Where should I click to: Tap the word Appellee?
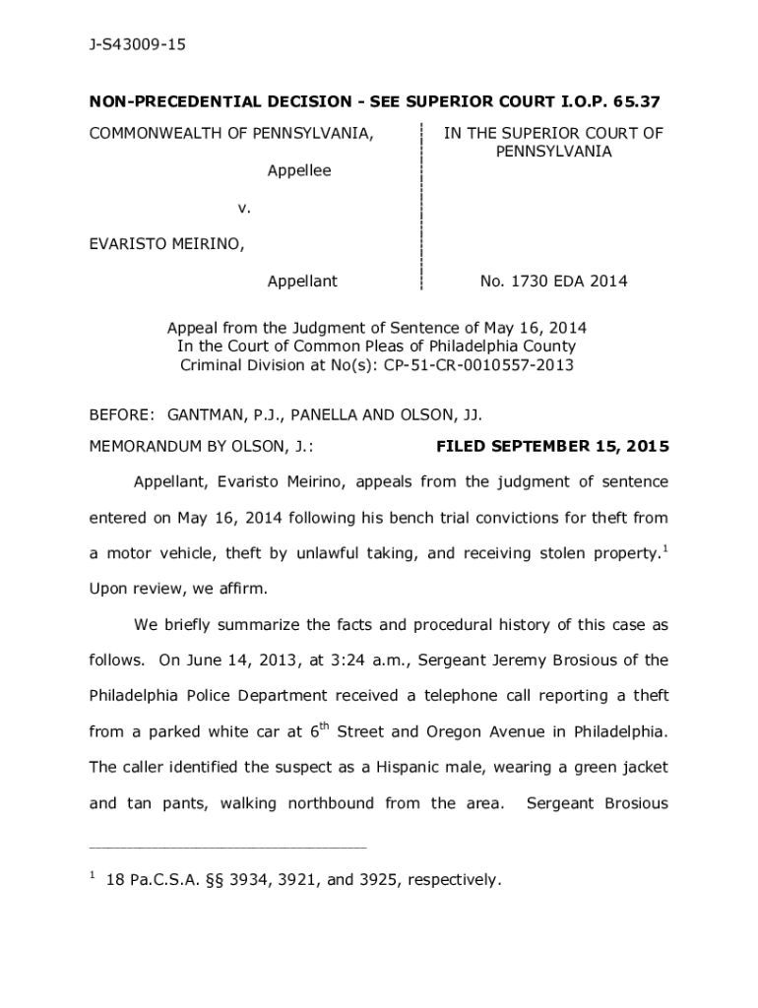299,170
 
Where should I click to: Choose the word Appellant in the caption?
302,282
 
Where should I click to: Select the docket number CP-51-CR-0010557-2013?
479,365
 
